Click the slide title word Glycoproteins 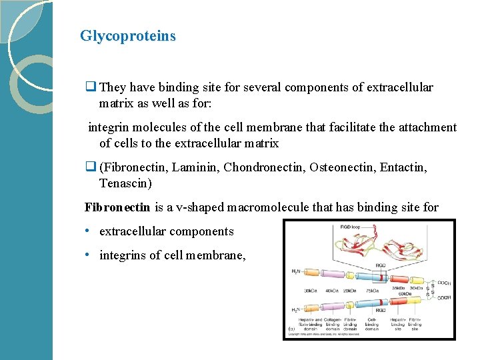point(127,36)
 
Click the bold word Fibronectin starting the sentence point(117,207)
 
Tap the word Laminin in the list point(197,167)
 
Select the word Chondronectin point(264,167)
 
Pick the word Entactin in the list point(403,167)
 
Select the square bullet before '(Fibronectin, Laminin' point(90,168)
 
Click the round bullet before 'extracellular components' point(88,231)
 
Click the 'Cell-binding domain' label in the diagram point(372,324)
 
